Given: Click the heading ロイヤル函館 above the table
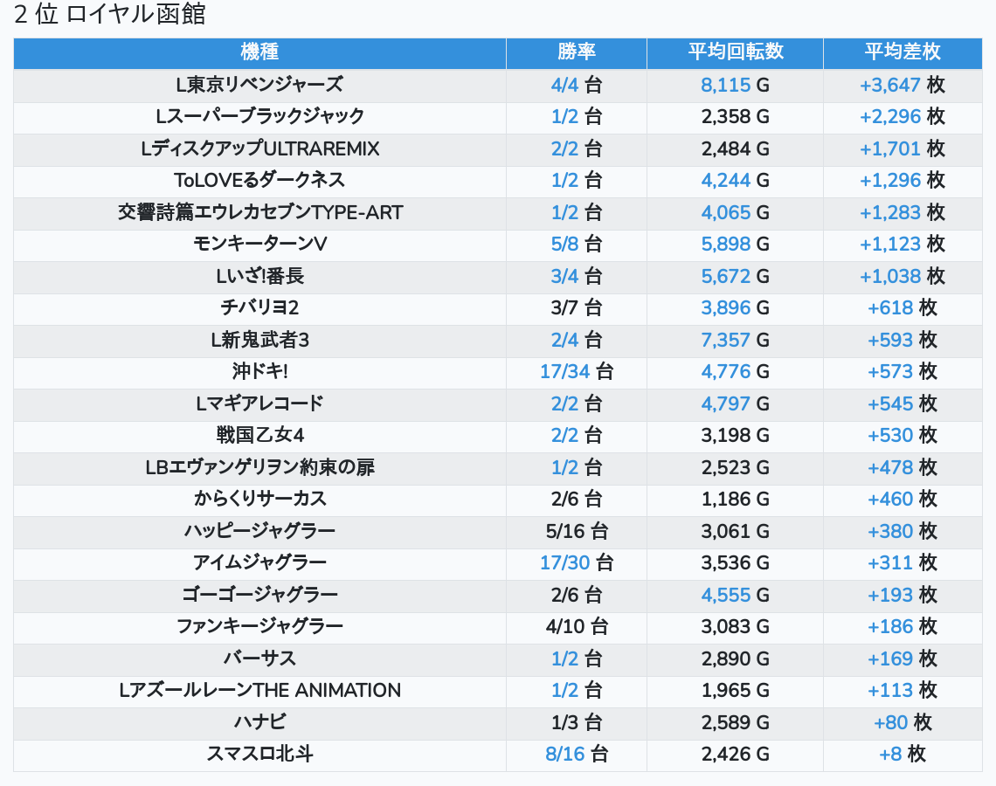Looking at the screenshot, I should (x=135, y=16).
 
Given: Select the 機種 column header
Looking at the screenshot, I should (x=259, y=52).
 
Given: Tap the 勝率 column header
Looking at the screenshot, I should (x=577, y=52).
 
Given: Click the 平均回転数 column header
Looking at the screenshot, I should (x=735, y=52).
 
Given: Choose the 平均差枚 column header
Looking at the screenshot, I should (x=902, y=52).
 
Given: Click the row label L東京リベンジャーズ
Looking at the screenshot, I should (x=259, y=85).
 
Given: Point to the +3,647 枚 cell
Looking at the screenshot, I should (x=902, y=85).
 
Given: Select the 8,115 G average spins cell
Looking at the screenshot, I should (x=735, y=85).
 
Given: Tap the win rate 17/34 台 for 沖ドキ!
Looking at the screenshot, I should (x=577, y=371).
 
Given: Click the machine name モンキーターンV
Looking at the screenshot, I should (x=259, y=244).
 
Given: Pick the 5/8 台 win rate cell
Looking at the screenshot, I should (x=577, y=244).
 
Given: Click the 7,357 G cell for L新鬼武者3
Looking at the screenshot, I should (x=735, y=340).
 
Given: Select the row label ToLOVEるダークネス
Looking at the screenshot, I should (x=259, y=180).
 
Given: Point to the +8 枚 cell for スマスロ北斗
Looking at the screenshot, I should (x=902, y=754).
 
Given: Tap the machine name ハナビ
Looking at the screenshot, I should (x=259, y=722).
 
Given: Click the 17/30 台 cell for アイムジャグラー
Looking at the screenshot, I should (x=577, y=562).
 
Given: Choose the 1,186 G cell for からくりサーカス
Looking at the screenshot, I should (x=735, y=499).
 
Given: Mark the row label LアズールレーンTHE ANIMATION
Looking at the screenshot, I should (x=259, y=690).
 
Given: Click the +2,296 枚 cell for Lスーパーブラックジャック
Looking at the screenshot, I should (x=902, y=116).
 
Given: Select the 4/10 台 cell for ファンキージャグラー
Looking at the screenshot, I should (x=577, y=626).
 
